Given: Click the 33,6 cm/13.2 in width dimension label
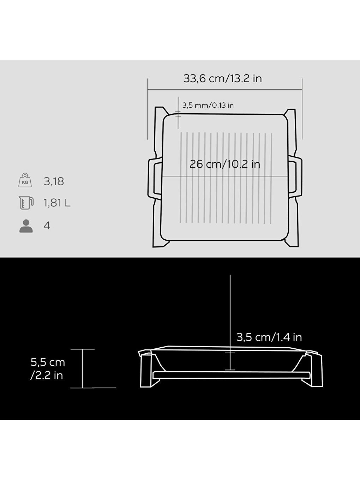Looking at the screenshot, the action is pos(222,78).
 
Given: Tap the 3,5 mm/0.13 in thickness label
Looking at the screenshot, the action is pos(208,106).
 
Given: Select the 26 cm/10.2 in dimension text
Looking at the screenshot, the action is pos(225,164).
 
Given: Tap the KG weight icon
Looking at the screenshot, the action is pos(25,180).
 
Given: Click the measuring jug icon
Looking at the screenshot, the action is pos(26,203).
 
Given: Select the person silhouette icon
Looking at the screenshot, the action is pos(26,226).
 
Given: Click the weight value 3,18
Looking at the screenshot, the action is pos(54,181).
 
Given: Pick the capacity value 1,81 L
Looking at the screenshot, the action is pos(57,203).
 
